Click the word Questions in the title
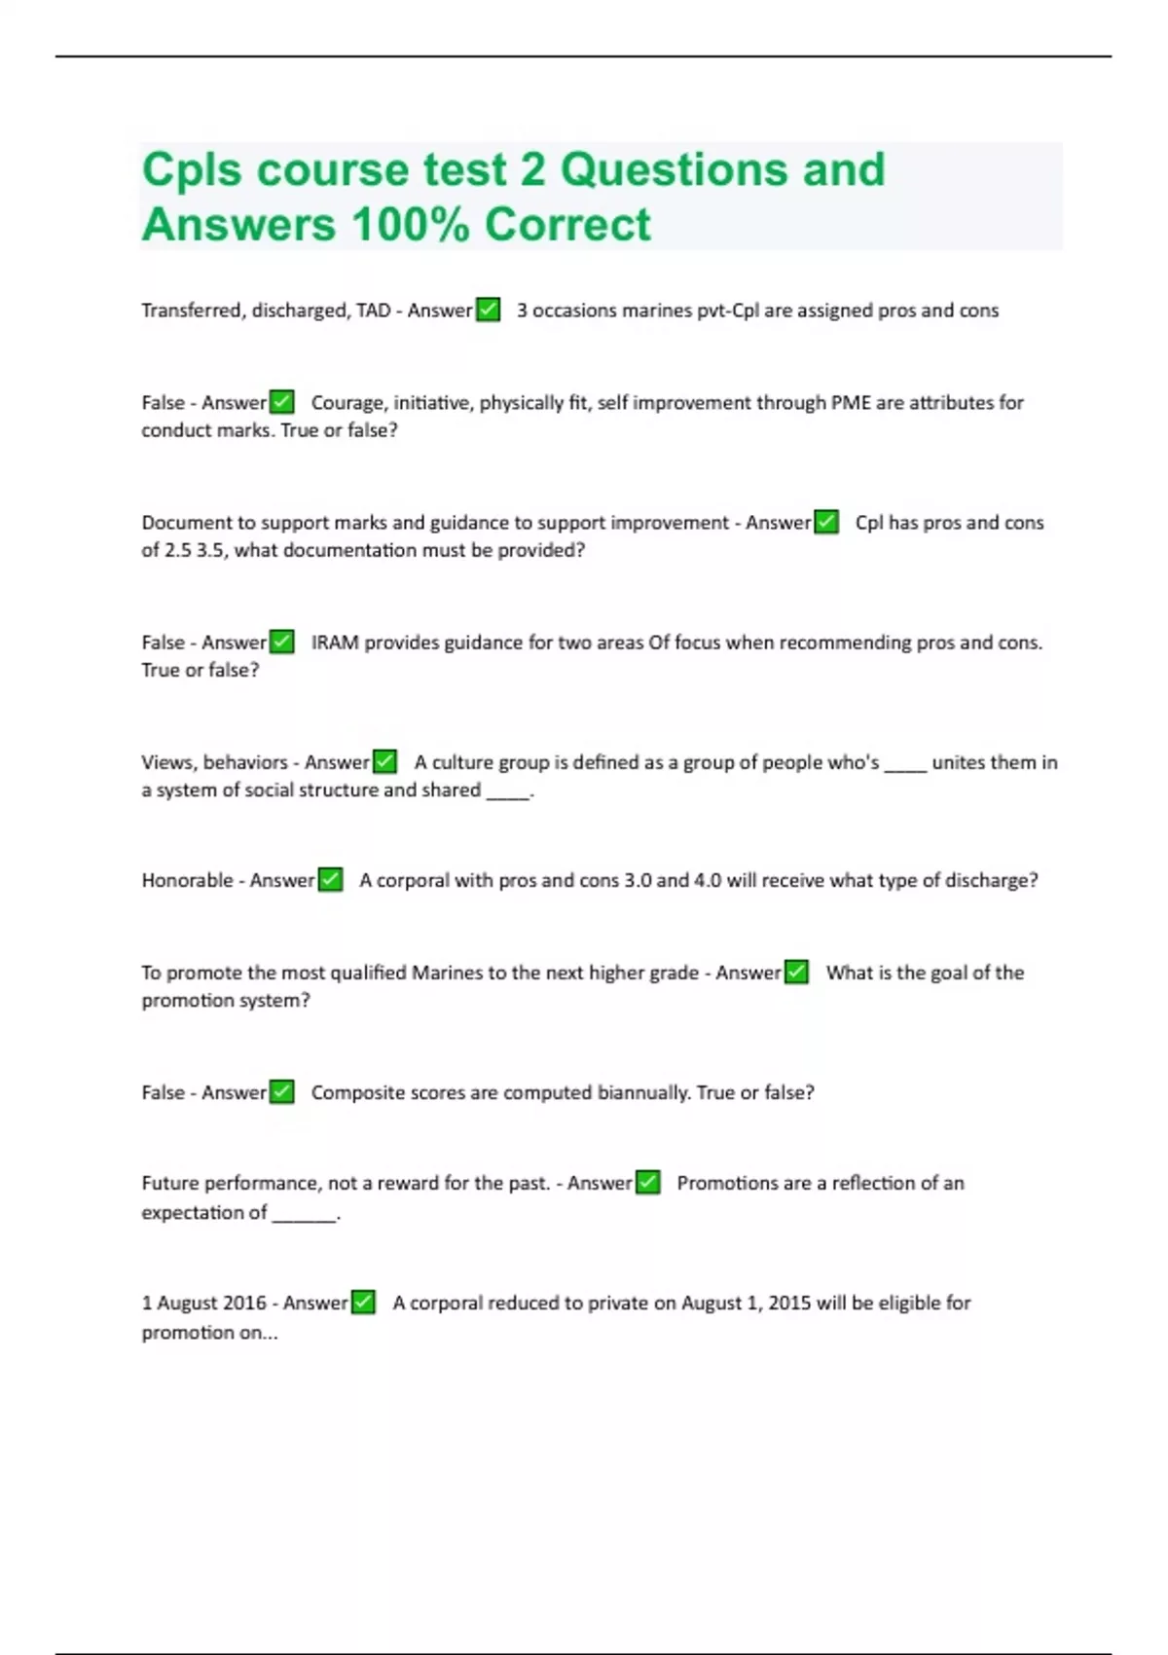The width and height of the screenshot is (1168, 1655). [x=674, y=169]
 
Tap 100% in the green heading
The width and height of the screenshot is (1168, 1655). [x=411, y=224]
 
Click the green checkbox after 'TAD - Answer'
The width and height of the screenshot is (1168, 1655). [x=488, y=310]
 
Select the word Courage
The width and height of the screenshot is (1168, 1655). [x=347, y=402]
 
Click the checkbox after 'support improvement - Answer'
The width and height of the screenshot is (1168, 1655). [x=826, y=522]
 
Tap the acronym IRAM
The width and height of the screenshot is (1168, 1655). [x=335, y=643]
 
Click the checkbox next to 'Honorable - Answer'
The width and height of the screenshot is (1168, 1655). [x=331, y=880]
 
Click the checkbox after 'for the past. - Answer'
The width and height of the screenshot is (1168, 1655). [x=648, y=1183]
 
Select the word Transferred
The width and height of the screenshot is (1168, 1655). [x=192, y=310]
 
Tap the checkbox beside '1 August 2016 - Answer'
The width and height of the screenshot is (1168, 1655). [x=363, y=1303]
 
